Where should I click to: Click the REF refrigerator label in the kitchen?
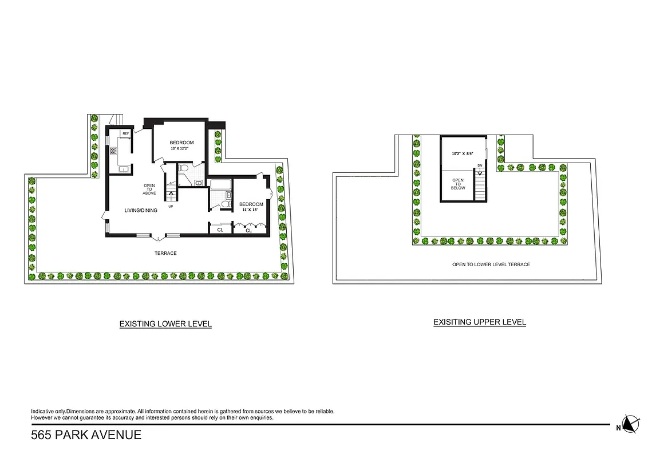[x=125, y=133]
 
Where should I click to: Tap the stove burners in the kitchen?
[x=113, y=151]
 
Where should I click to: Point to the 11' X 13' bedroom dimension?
[x=251, y=210]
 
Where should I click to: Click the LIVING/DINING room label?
[x=141, y=211]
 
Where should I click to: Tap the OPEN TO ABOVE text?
[x=149, y=189]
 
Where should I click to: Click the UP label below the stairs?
[x=171, y=207]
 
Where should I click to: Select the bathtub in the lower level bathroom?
[x=220, y=185]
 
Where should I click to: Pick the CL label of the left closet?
[x=220, y=230]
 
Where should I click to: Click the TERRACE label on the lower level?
[x=165, y=253]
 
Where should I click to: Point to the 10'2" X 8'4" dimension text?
[x=463, y=153]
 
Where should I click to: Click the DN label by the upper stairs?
[x=480, y=166]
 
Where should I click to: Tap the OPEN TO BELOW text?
[x=458, y=184]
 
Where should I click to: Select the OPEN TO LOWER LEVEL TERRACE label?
[x=491, y=264]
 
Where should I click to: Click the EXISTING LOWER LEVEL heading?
[x=165, y=324]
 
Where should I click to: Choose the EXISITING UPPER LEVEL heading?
[x=479, y=322]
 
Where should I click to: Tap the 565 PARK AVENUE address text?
[x=86, y=435]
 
